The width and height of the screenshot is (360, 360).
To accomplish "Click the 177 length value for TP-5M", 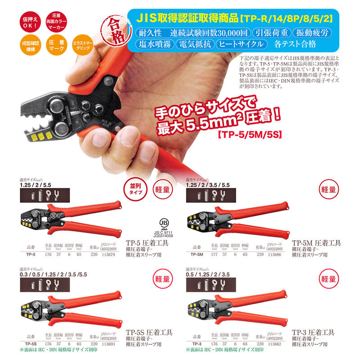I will coord(214,254).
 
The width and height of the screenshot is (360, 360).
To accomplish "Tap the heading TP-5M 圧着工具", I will coord(316,243).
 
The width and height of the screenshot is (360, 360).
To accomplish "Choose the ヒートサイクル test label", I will coord(239,44).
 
